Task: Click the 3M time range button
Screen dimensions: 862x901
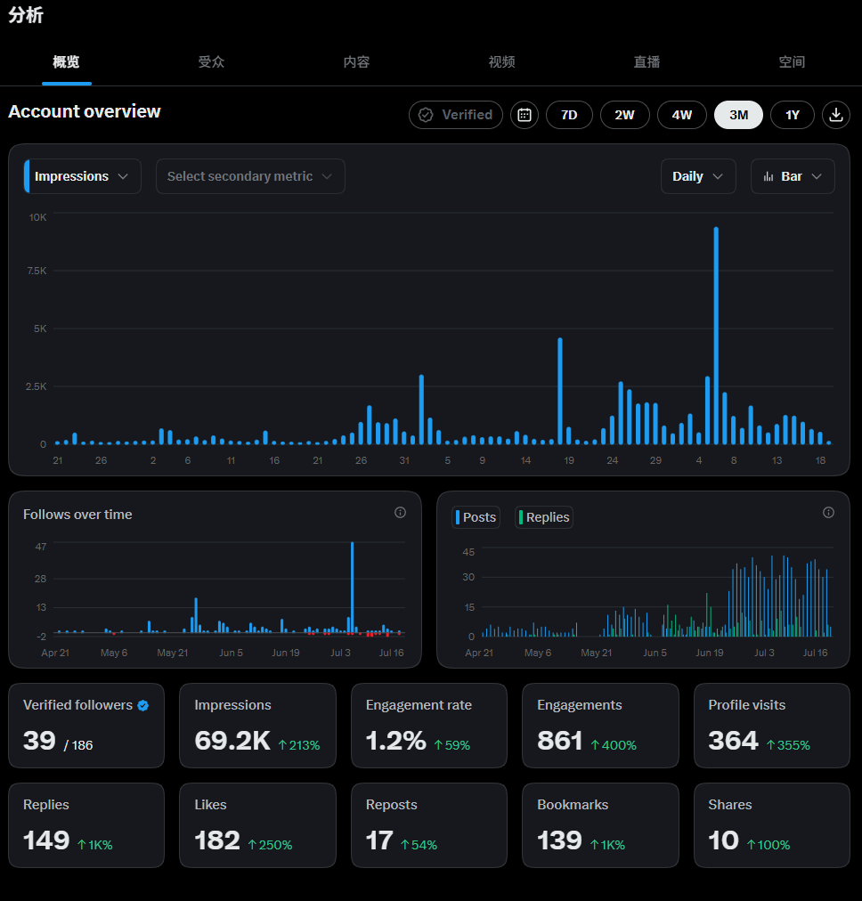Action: [x=738, y=115]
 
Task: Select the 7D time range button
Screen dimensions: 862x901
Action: [x=569, y=115]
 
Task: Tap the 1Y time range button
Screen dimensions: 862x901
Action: [x=793, y=115]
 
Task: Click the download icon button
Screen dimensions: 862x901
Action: [x=836, y=115]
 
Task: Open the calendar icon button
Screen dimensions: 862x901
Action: [x=525, y=115]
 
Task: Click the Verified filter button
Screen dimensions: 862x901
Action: [x=456, y=115]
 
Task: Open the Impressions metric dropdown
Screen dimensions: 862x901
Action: [x=83, y=176]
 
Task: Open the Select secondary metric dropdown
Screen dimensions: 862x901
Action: [x=250, y=176]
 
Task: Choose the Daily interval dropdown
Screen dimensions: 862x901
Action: [x=698, y=176]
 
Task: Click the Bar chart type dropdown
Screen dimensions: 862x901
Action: [x=793, y=176]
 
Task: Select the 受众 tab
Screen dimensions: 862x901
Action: [x=211, y=62]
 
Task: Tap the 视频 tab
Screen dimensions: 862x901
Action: [x=501, y=62]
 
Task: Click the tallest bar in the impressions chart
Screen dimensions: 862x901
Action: [x=716, y=336]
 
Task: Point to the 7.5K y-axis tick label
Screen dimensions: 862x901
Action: [x=37, y=271]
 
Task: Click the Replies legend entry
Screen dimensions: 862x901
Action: [x=543, y=517]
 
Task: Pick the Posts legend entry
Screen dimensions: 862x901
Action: [x=476, y=517]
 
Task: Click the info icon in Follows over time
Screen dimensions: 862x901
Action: [x=400, y=513]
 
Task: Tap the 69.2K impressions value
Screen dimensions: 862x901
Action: [x=232, y=741]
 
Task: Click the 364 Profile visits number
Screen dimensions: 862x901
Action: [x=733, y=741]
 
